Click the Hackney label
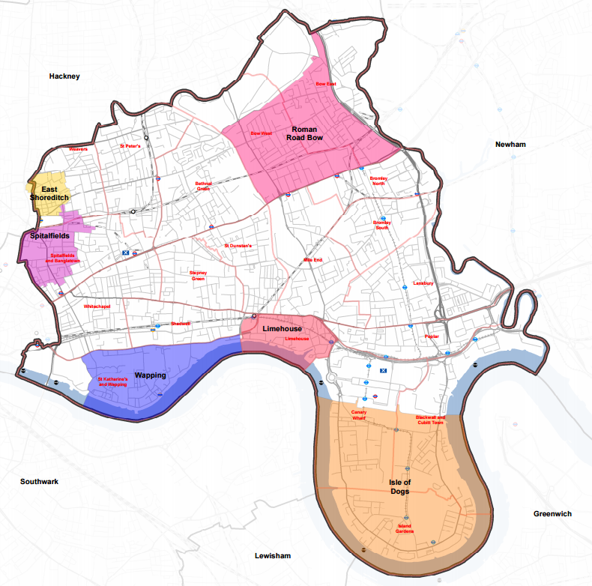tap(64, 76)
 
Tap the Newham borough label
tap(511, 144)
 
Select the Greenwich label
tap(552, 514)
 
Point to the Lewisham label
tap(271, 555)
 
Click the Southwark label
tap(40, 482)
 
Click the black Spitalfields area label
tap(49, 236)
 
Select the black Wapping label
tap(150, 374)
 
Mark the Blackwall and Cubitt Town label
tap(430, 420)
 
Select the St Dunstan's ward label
tap(239, 246)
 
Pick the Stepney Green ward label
tap(197, 276)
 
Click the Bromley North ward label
tap(378, 181)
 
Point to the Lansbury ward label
tap(423, 283)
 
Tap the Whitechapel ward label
tap(97, 306)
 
